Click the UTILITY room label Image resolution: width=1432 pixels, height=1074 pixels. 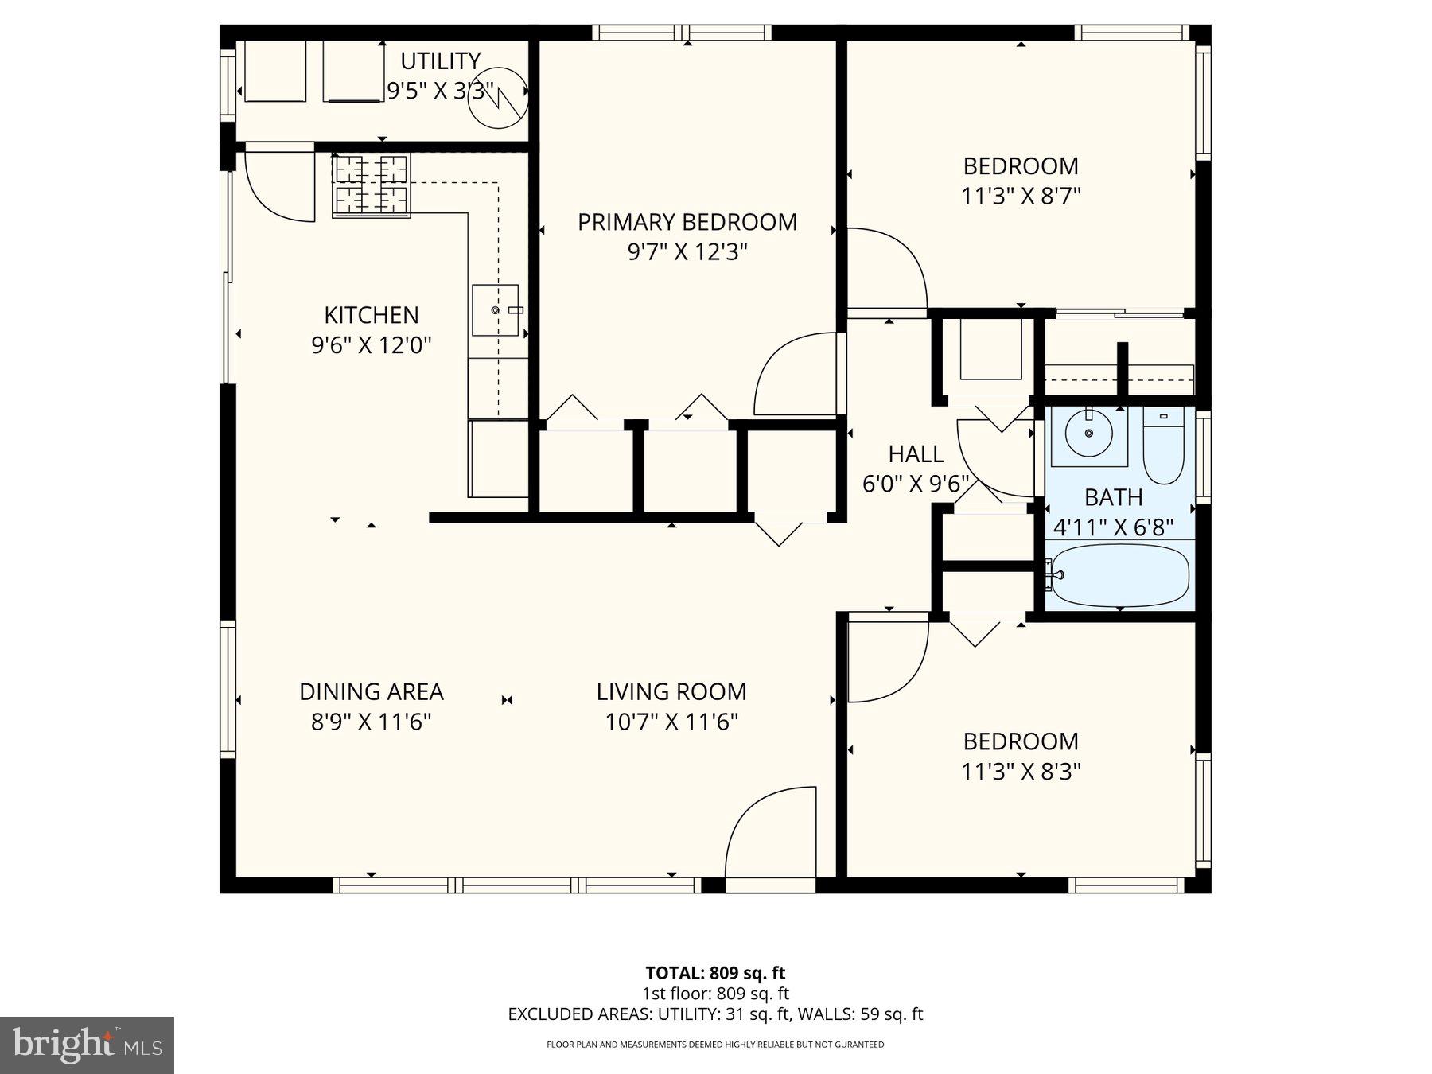(x=440, y=61)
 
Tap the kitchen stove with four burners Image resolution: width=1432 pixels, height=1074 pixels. (x=371, y=186)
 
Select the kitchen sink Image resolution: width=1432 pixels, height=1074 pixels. (x=495, y=310)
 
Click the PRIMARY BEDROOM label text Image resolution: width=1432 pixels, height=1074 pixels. (x=687, y=222)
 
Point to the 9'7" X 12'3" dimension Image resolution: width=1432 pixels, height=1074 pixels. (x=687, y=252)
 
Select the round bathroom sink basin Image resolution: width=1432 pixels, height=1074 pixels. (x=1089, y=434)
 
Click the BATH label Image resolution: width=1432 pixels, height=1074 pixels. (x=1113, y=497)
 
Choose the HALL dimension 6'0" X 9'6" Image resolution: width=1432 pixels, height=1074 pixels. (x=916, y=484)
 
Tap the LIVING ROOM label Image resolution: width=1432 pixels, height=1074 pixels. (x=671, y=692)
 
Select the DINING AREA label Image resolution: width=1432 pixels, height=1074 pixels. (x=371, y=692)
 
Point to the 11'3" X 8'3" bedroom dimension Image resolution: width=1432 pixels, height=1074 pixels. (x=1021, y=772)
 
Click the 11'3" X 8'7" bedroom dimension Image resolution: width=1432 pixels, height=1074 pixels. (x=1021, y=196)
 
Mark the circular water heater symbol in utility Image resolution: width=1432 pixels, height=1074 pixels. (x=498, y=98)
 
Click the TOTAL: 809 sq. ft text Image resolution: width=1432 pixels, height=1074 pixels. (x=714, y=972)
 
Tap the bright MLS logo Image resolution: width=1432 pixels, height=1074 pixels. (x=87, y=1045)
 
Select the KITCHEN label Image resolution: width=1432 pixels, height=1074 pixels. (x=371, y=315)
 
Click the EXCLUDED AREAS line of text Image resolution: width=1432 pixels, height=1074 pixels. (x=714, y=1014)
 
